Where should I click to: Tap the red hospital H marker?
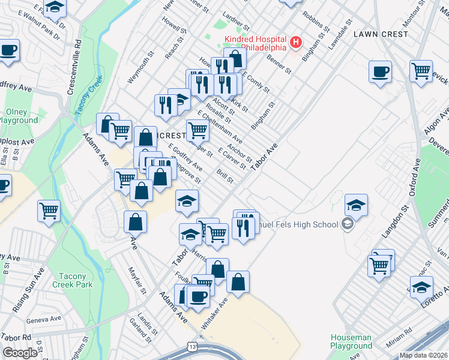click(x=295, y=42)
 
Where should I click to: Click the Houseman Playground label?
click(x=351, y=341)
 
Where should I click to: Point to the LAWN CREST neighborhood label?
click(x=381, y=34)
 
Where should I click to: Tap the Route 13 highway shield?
click(x=192, y=347)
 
